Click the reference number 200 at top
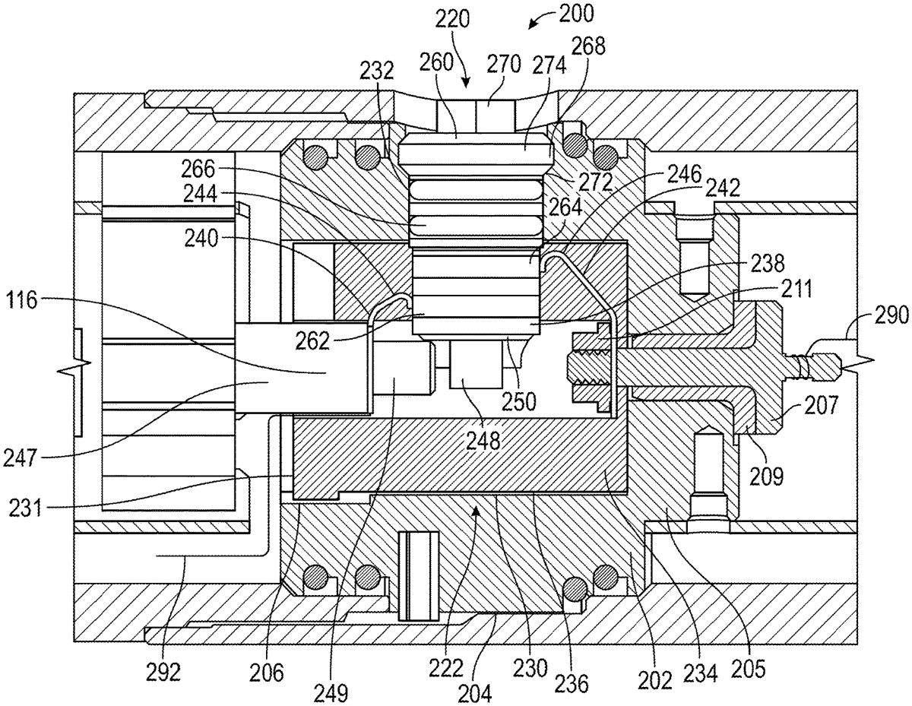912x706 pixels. click(x=576, y=13)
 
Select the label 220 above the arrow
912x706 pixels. click(x=451, y=19)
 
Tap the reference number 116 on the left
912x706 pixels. click(x=22, y=300)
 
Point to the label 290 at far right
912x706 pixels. click(x=891, y=315)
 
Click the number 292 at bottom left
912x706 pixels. click(x=163, y=673)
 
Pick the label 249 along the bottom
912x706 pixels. click(x=331, y=693)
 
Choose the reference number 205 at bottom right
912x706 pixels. click(x=749, y=668)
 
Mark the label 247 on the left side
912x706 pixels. click(x=21, y=457)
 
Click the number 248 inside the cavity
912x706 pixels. click(x=483, y=441)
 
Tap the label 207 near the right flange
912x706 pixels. click(x=821, y=405)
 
